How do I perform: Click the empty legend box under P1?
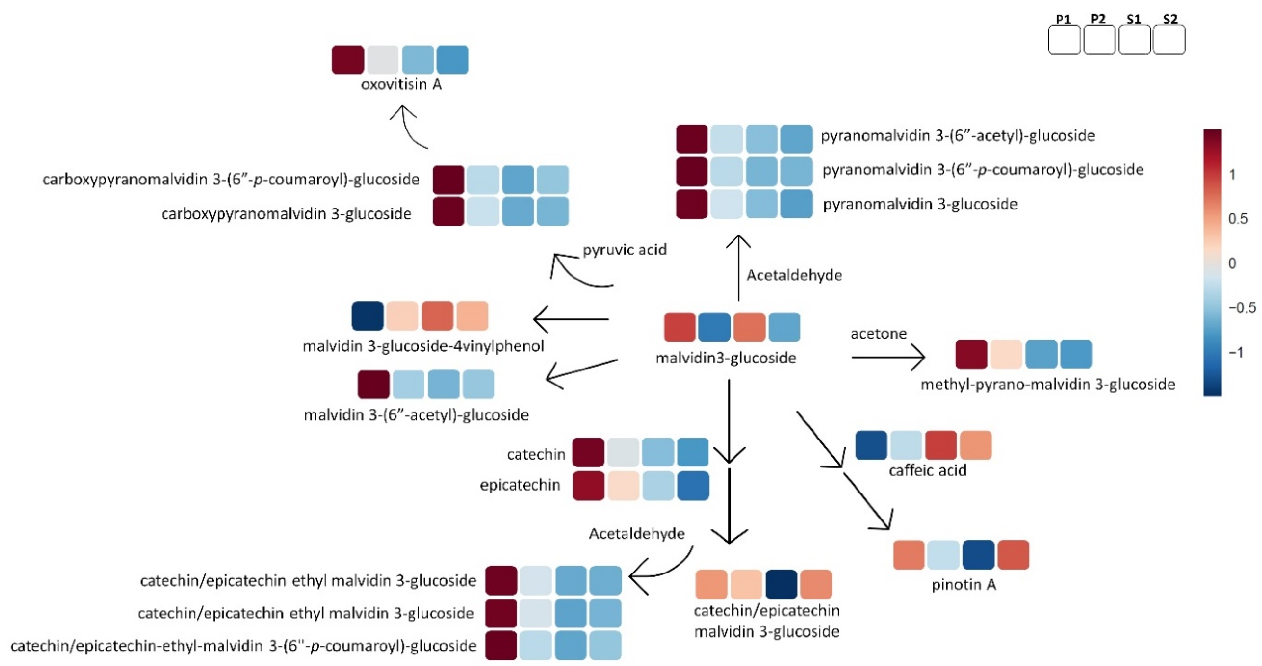[1064, 40]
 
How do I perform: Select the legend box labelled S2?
[1169, 40]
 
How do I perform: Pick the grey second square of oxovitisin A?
[383, 60]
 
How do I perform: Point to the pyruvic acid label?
[624, 250]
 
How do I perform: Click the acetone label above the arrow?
[878, 334]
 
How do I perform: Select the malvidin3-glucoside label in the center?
[725, 358]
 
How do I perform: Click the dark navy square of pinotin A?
[978, 555]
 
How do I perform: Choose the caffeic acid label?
[928, 470]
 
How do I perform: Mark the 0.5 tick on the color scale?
[1238, 218]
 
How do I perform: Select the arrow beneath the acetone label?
[888, 357]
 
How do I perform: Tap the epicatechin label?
[520, 485]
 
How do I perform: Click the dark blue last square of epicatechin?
[693, 486]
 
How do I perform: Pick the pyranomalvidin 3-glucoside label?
[920, 204]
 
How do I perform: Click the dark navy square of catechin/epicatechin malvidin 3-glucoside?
[781, 584]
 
